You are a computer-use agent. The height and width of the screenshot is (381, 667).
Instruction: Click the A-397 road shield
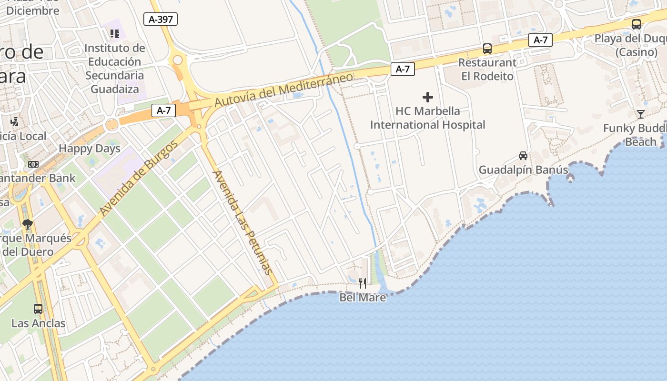pos(161,19)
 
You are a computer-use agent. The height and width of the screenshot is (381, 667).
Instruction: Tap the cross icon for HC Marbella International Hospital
pos(428,97)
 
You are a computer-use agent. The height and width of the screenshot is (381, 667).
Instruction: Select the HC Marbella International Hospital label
pos(427,118)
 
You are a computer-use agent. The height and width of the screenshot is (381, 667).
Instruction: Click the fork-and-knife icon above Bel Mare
pos(363,283)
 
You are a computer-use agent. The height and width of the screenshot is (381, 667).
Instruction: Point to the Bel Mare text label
pos(363,298)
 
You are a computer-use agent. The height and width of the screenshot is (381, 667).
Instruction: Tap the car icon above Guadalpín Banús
pos(523,156)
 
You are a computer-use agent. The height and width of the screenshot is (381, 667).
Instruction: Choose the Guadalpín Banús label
pos(523,170)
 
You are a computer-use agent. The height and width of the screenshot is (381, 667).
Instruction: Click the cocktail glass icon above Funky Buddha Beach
pos(641,114)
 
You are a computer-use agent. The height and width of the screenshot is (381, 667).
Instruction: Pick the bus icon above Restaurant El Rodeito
pos(487,48)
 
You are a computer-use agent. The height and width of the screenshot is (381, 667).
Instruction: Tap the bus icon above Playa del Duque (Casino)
pos(636,24)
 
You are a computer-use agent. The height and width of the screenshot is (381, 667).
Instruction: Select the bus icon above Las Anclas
pos(38,309)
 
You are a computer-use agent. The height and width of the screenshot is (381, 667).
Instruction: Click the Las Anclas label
pos(38,323)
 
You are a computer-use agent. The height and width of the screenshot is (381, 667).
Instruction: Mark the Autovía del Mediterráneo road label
pos(283,90)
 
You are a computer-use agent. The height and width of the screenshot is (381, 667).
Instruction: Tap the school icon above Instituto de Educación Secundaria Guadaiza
pos(115,33)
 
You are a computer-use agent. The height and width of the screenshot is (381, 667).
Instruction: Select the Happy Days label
pos(90,149)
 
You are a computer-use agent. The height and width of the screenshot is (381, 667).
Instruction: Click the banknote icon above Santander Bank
pos(33,164)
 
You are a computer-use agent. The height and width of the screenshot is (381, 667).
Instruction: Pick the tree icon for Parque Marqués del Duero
pos(28,224)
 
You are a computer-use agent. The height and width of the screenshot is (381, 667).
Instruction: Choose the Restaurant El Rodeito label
pos(487,70)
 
